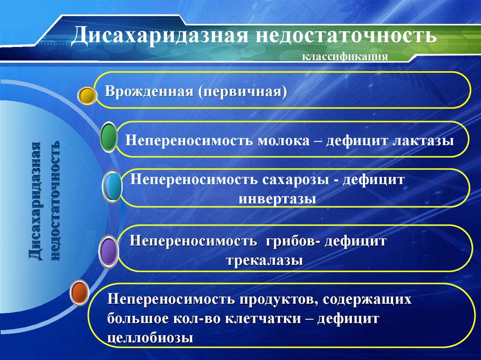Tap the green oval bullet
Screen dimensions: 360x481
point(109,138)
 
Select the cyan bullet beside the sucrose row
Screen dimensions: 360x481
point(113,187)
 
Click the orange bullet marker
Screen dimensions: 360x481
point(79,292)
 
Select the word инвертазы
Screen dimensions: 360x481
point(277,198)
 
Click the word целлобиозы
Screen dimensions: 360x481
point(150,337)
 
